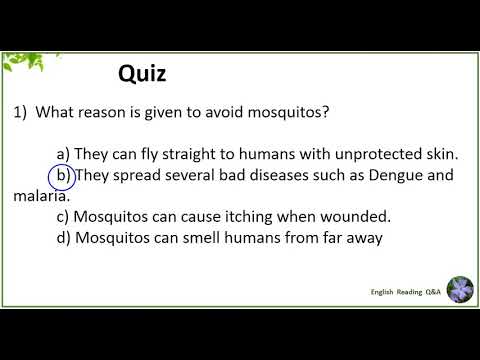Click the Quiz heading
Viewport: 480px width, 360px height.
coord(142,73)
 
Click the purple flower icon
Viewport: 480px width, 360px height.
coord(460,290)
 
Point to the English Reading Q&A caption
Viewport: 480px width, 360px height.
coord(405,291)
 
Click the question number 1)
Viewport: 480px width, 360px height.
coord(22,113)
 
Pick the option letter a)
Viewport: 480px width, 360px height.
coord(64,153)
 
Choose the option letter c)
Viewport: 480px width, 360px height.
coord(64,217)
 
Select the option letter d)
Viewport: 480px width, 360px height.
coord(64,238)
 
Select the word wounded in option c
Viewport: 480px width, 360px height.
coord(358,217)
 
